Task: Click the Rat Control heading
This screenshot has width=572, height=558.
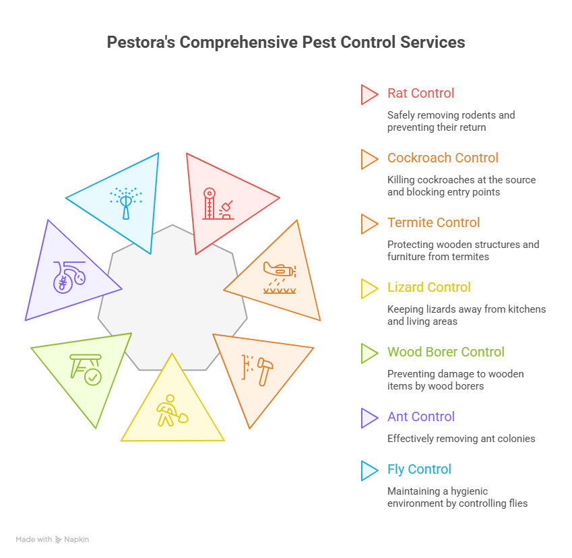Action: click(x=420, y=94)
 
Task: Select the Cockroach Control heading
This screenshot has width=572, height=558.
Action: click(x=442, y=158)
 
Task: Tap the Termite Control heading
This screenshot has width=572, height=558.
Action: click(x=433, y=223)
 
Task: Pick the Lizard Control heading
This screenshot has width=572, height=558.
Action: click(x=428, y=288)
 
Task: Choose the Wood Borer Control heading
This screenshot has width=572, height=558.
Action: click(x=445, y=352)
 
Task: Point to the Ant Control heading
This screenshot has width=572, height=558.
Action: click(x=420, y=417)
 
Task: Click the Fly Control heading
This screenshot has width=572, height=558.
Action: click(x=418, y=470)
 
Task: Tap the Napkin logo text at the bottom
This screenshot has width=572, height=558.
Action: click(x=76, y=540)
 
